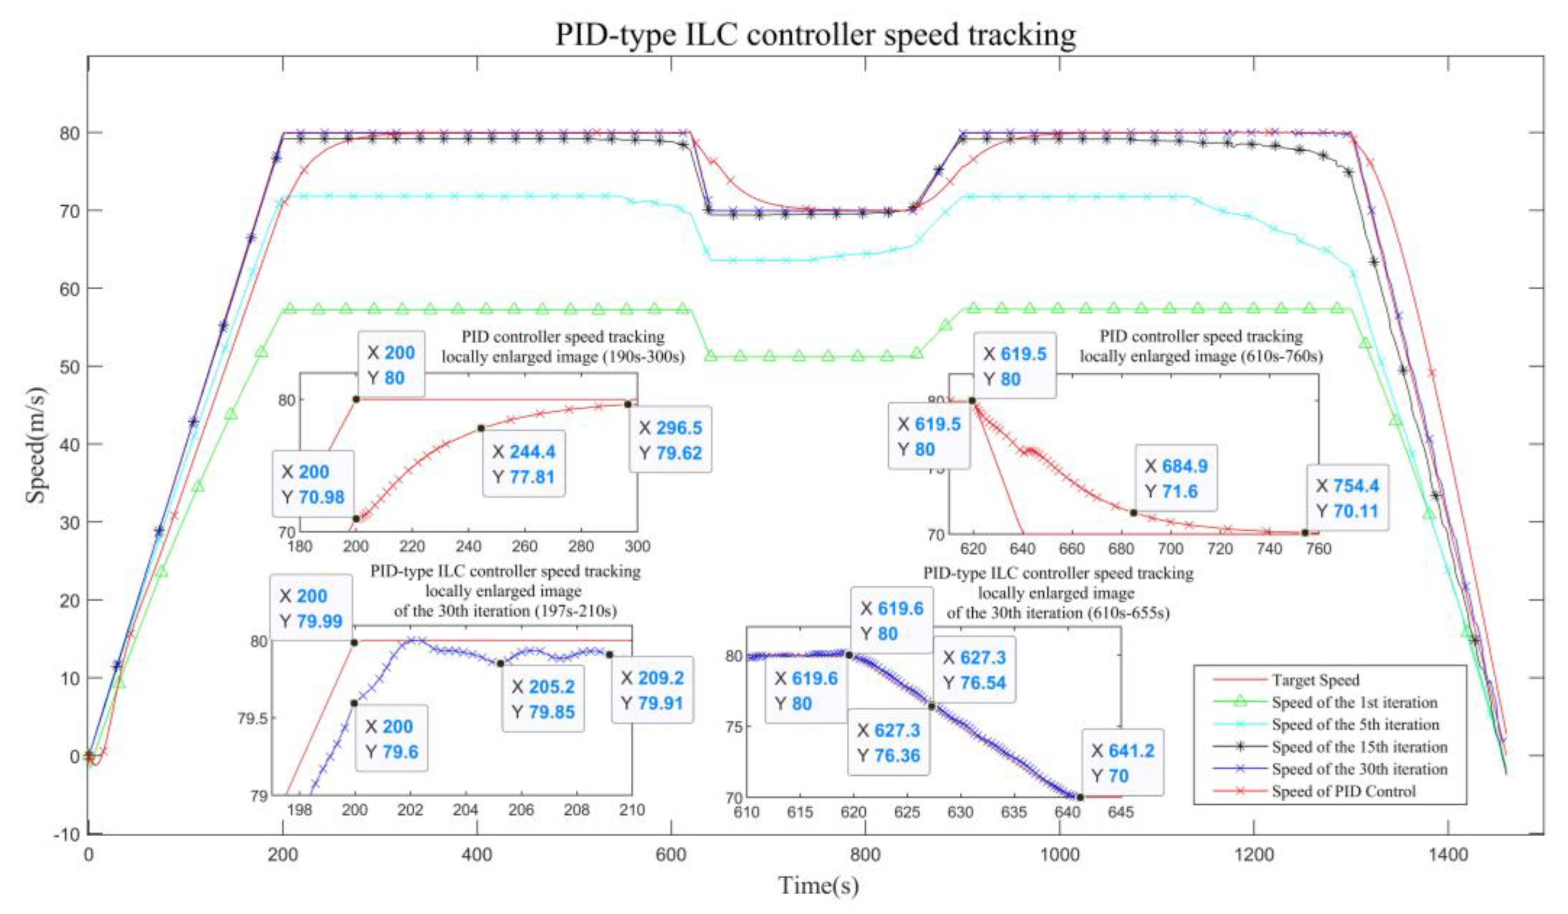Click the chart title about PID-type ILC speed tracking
click(x=815, y=34)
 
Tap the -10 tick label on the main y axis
click(x=67, y=834)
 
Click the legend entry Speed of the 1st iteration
click(x=1354, y=702)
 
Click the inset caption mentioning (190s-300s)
click(x=562, y=347)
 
